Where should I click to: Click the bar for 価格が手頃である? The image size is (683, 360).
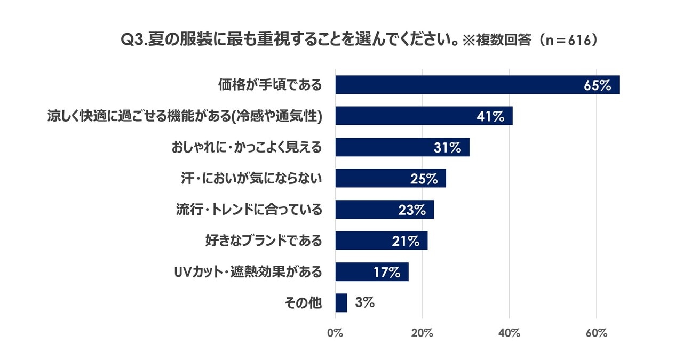click(x=477, y=85)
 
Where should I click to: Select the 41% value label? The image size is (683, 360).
click(x=490, y=116)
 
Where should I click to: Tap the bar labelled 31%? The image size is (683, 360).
click(x=402, y=147)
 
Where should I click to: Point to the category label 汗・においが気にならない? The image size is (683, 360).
click(x=251, y=178)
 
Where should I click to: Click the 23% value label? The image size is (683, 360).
click(x=412, y=210)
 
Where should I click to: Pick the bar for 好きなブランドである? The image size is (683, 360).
click(x=382, y=241)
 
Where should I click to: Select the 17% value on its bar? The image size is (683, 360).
click(x=387, y=272)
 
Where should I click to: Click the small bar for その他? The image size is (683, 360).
click(x=341, y=303)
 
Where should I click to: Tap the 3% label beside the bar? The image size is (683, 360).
click(x=364, y=302)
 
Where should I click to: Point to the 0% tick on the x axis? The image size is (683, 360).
click(x=335, y=333)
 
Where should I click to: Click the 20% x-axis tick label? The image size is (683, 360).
click(x=422, y=333)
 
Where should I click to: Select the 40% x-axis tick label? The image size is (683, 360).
click(x=509, y=333)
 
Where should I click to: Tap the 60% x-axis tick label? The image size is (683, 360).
click(x=597, y=333)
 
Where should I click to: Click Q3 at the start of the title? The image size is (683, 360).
click(x=132, y=40)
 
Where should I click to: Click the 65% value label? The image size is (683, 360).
click(x=597, y=85)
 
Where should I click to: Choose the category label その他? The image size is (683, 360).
click(x=303, y=303)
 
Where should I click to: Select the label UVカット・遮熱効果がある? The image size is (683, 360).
click(x=248, y=272)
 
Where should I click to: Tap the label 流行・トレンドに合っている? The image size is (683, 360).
click(x=249, y=210)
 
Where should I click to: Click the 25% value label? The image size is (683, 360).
click(x=424, y=179)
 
